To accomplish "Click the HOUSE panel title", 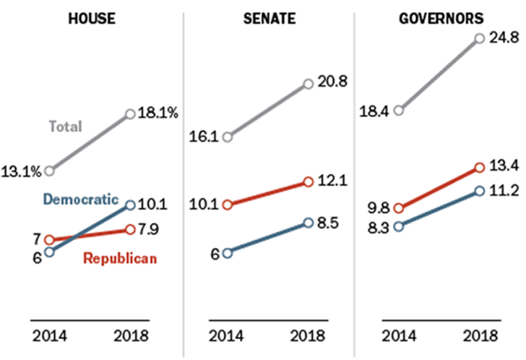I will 91,19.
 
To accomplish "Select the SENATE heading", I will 269,19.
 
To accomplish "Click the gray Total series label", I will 65,127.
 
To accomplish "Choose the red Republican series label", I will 120,258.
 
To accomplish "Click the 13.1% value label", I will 23,171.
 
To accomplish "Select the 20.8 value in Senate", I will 332,82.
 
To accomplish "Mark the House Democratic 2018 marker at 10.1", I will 130,205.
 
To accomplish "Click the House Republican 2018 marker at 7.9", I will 130,229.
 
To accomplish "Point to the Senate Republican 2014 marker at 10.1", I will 228,205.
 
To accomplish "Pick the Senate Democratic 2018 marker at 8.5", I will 309,223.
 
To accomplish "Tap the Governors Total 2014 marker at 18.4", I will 398,111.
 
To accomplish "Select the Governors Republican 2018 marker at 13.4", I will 479,168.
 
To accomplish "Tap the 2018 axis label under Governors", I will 479,335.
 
